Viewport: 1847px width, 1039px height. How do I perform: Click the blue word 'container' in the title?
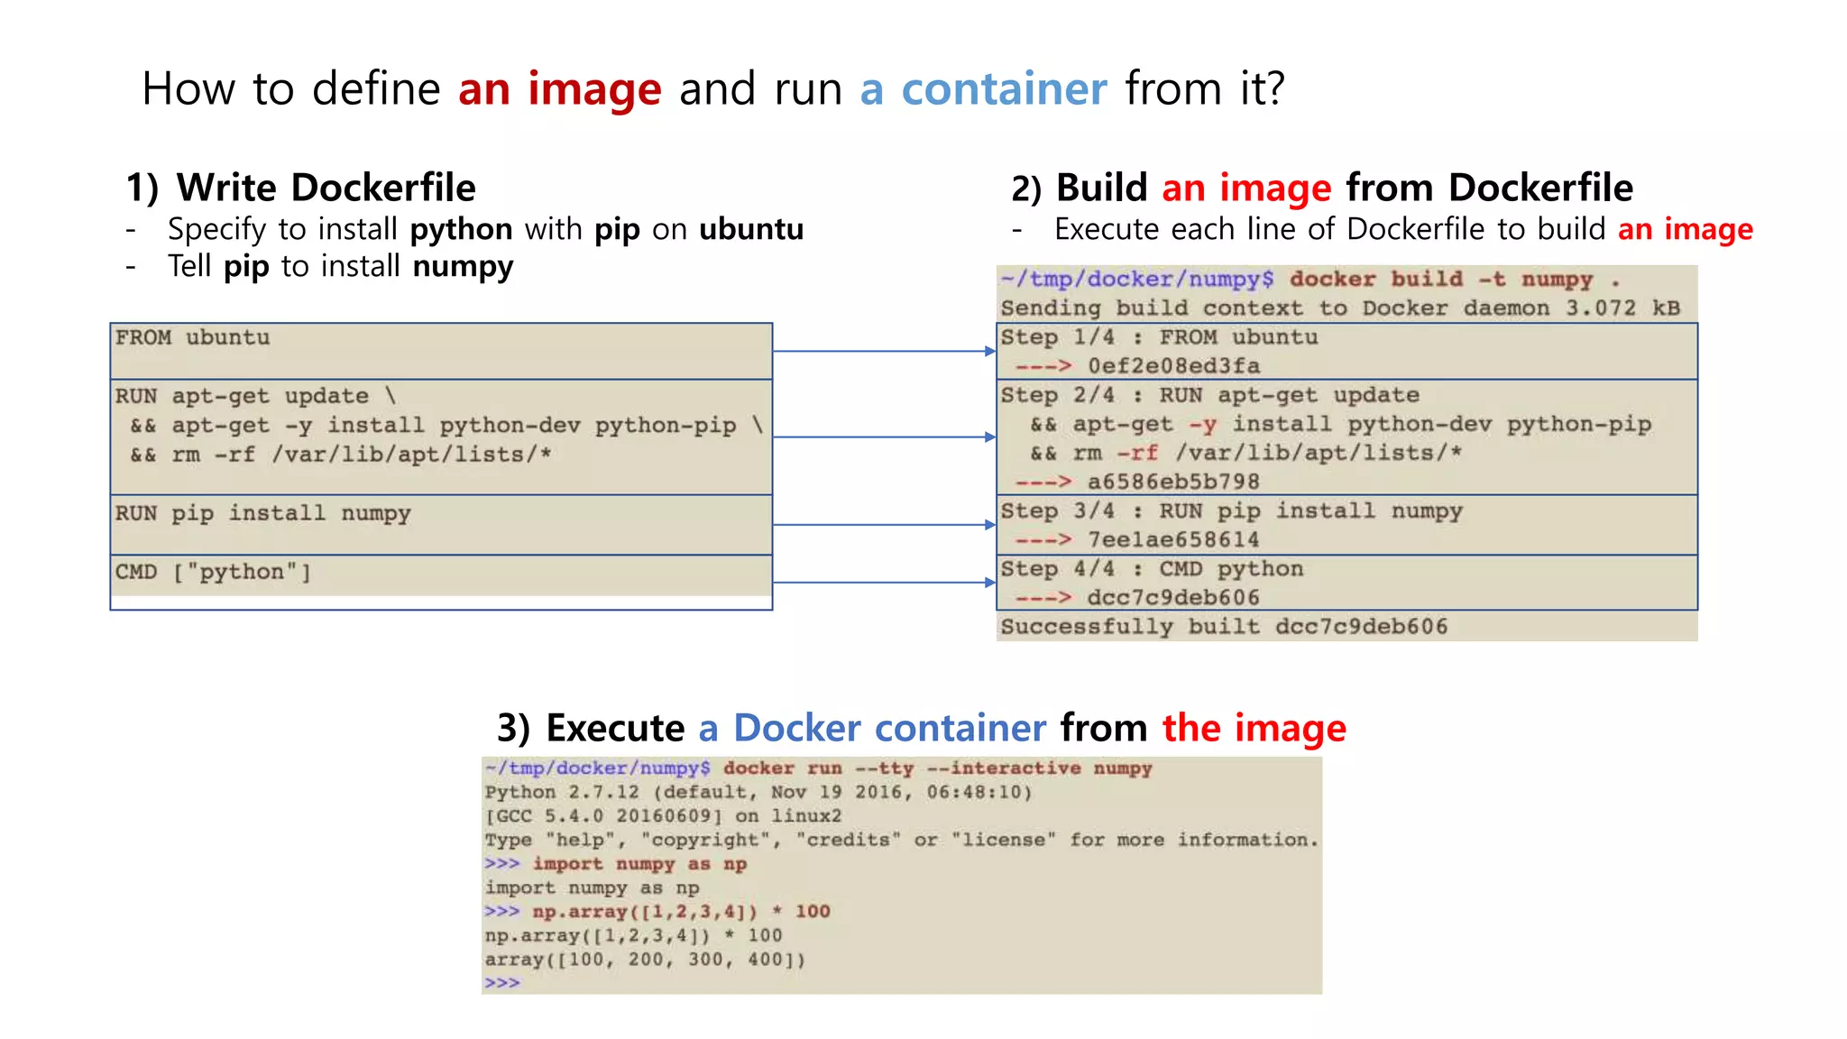[1003, 89]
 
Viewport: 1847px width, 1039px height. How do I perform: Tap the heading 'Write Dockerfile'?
[326, 188]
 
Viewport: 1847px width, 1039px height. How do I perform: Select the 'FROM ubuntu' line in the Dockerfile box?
[192, 337]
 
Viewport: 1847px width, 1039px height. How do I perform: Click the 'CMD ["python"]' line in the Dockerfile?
[213, 572]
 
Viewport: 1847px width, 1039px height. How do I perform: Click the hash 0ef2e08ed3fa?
[1173, 366]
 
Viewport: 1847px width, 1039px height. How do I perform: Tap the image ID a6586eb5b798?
[1172, 482]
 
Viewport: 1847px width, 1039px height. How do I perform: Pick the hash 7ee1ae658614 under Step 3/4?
[1172, 540]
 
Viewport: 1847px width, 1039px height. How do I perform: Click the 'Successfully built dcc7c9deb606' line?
[1224, 627]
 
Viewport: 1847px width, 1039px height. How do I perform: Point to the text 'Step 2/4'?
[1057, 395]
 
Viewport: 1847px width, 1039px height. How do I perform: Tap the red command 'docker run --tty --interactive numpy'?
[937, 768]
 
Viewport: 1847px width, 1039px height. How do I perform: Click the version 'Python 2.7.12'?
[562, 793]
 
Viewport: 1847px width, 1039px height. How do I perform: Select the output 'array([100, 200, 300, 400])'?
[645, 960]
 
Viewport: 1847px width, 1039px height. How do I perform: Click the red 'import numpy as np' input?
[639, 864]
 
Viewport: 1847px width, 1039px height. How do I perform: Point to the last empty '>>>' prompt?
[502, 983]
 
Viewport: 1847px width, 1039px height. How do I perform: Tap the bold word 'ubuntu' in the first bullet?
[751, 229]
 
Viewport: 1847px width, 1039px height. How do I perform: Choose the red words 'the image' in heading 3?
[1254, 728]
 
